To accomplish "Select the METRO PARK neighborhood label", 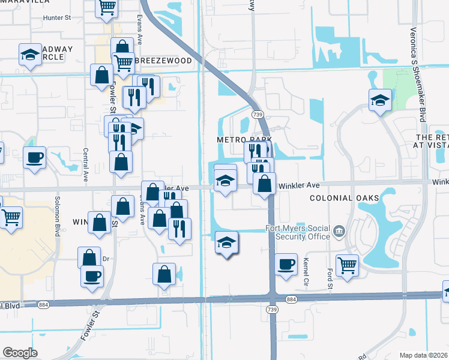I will click(244, 140).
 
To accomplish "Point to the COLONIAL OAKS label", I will click(344, 198).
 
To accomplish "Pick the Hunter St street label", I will click(57, 18).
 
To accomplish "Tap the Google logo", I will click(20, 352).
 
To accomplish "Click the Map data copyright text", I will click(424, 355).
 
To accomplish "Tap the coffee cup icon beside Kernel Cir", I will click(286, 263).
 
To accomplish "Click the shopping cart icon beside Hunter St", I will click(107, 7).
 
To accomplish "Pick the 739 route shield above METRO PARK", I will click(258, 114).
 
